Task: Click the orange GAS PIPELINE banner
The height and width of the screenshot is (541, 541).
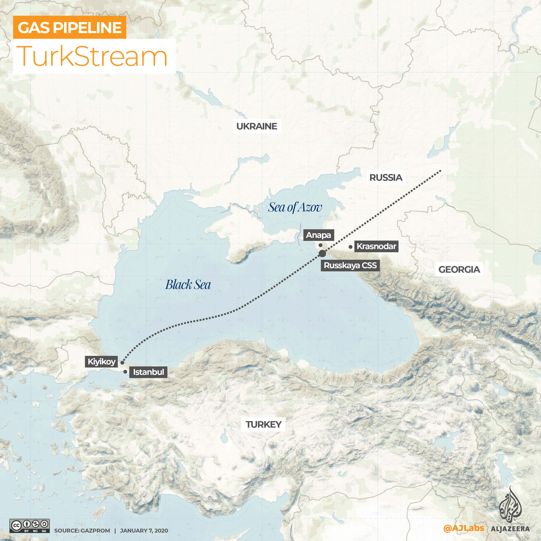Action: click(69, 27)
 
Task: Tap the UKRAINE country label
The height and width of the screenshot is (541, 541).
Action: click(256, 126)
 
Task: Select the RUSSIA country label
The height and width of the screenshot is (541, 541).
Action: click(385, 177)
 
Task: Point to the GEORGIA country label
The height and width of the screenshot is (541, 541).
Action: click(459, 269)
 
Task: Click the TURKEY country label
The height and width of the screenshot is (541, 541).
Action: click(263, 425)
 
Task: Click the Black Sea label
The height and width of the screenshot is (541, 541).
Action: click(188, 285)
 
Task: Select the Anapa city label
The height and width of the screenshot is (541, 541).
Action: click(318, 235)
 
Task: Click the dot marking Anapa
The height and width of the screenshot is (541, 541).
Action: click(320, 245)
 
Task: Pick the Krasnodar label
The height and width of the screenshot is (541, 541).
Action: click(376, 246)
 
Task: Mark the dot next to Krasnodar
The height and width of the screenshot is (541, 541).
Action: click(350, 247)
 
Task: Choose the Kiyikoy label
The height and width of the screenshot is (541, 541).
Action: click(101, 362)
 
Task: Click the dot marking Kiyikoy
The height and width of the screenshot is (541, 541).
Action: click(122, 363)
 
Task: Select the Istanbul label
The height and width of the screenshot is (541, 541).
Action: click(148, 372)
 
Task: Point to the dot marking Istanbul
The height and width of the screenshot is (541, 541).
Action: click(125, 372)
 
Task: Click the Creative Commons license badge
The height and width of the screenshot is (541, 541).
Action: click(29, 526)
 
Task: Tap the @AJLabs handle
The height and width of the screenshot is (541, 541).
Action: click(464, 528)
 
